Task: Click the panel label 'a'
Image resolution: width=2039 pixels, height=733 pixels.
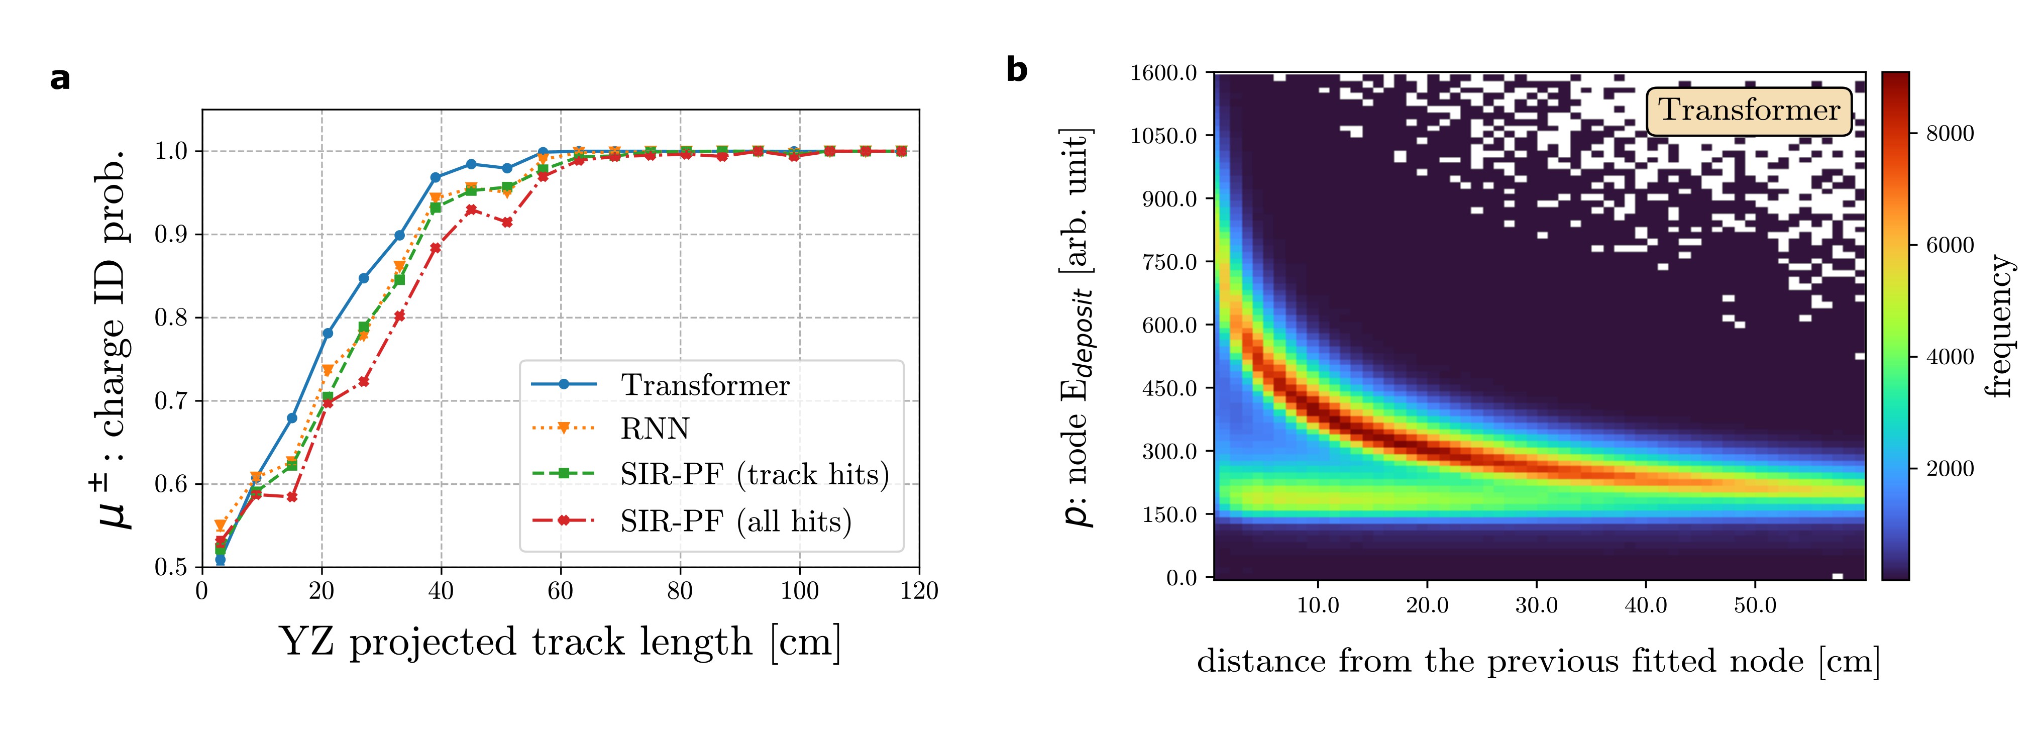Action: tap(60, 79)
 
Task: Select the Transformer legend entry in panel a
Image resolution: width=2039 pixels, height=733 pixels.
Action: tap(704, 385)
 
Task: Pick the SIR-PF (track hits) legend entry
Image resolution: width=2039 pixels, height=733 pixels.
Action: tap(755, 474)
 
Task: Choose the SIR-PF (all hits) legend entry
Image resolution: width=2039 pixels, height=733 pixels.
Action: tap(735, 521)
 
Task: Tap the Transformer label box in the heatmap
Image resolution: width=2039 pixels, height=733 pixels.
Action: tap(1749, 111)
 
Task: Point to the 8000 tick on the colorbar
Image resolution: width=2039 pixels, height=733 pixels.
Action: tap(1950, 134)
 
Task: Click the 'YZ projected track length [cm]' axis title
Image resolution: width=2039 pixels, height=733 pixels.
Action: tap(560, 642)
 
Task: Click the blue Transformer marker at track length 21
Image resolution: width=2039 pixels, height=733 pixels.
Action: tap(327, 333)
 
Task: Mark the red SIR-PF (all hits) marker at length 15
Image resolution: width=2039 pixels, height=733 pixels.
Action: tap(291, 497)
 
